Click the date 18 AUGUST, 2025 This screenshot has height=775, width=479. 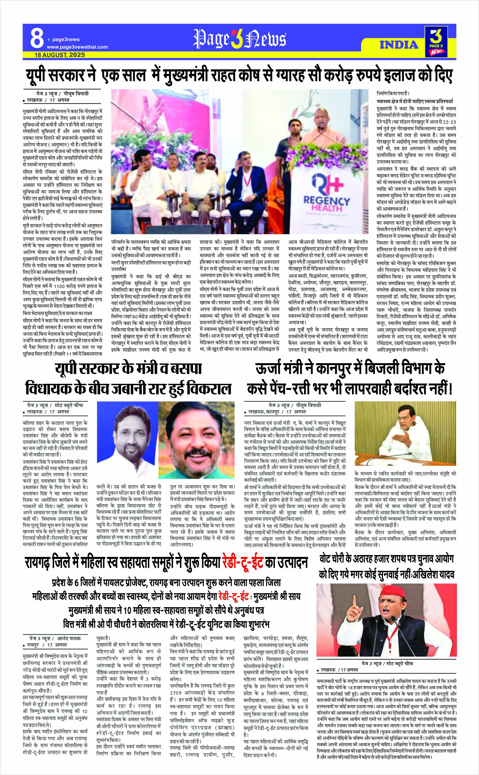(60, 55)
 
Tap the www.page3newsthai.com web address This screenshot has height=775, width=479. (77, 47)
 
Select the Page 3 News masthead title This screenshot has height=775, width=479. (239, 39)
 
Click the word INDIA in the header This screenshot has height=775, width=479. (399, 45)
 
